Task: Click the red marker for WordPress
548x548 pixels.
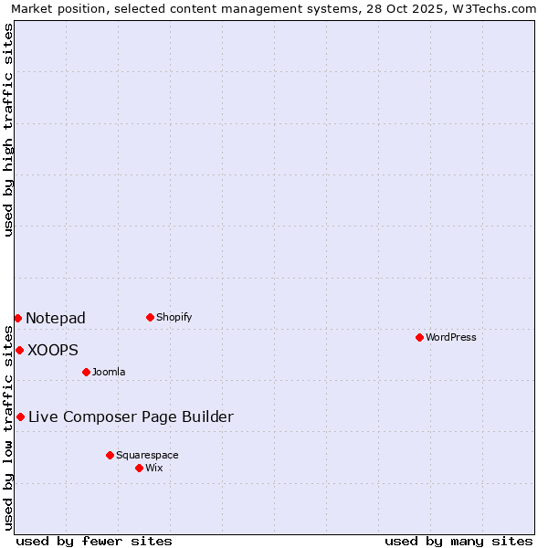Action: pos(419,337)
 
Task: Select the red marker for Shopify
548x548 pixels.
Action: pos(150,317)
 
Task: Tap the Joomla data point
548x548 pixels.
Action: pos(86,372)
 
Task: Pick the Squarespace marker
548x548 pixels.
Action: pos(110,455)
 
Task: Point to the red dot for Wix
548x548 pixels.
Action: pos(139,468)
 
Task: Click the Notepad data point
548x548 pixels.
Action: pos(17,318)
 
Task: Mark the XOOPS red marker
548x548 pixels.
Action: pos(19,350)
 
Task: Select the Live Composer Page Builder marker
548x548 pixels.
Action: pos(20,416)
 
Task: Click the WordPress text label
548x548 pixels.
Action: pos(451,337)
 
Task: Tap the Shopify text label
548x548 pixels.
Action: pos(174,317)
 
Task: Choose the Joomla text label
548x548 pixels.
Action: pos(109,372)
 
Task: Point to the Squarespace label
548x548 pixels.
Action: pos(147,455)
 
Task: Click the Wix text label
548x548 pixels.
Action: pos(153,468)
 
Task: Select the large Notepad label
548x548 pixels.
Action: pos(56,318)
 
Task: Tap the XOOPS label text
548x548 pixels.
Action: pos(53,350)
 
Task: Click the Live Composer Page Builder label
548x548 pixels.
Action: pos(131,416)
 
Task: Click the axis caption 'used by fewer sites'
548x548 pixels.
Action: pos(94,541)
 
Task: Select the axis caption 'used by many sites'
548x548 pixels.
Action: pos(458,541)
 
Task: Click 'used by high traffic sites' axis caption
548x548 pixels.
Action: pos(8,130)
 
